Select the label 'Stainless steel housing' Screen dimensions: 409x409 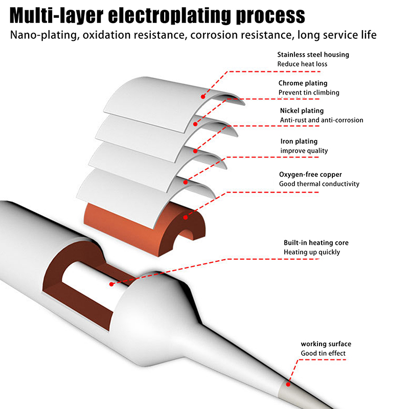[x=313, y=55]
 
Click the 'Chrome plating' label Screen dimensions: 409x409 [x=303, y=83]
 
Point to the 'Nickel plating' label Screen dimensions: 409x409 [x=302, y=111]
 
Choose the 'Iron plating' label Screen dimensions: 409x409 [x=299, y=142]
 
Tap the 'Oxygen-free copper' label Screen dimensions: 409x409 [x=310, y=174]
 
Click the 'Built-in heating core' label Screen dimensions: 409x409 [x=316, y=243]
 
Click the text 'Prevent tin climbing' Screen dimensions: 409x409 [x=309, y=93]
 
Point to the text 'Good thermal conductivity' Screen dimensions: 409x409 [x=319, y=184]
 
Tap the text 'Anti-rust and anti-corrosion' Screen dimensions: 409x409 [x=322, y=120]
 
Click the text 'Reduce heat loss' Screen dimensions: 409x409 [x=302, y=64]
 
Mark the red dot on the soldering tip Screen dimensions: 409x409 [x=288, y=383]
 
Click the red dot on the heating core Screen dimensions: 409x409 [x=109, y=283]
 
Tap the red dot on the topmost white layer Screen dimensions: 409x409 [x=203, y=96]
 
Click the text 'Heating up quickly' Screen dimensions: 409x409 [x=312, y=252]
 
